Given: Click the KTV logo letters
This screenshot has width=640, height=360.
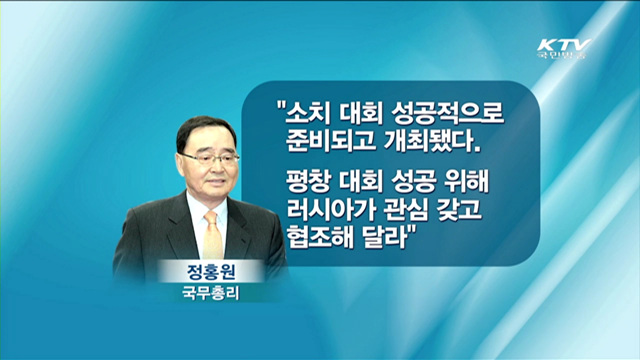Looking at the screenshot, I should (564, 45).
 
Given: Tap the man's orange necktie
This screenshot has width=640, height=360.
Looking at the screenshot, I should (213, 236).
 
